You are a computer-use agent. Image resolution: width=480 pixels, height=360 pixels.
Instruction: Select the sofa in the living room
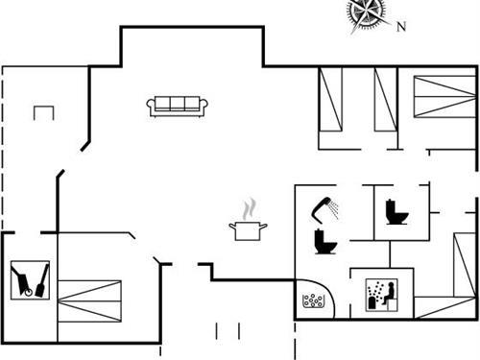pos(178,106)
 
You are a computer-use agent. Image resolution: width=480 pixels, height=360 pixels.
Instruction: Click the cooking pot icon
pos(248,230)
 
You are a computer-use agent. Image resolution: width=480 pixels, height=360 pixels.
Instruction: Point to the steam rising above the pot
pos(250,208)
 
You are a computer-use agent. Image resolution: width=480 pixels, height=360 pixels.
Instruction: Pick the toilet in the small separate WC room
pos(394,211)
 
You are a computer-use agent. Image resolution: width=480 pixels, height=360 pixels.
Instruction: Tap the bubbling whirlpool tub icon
pos(314,301)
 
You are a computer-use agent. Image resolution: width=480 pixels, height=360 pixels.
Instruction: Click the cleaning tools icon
pos(31,279)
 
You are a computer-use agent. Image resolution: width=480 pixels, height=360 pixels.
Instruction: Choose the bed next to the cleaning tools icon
pos(91,300)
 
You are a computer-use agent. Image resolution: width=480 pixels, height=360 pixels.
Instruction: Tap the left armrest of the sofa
pos(152,107)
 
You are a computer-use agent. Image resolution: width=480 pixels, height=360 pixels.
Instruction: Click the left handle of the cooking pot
pos(232,227)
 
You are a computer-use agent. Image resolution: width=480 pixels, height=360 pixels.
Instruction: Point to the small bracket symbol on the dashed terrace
pos(44,112)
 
